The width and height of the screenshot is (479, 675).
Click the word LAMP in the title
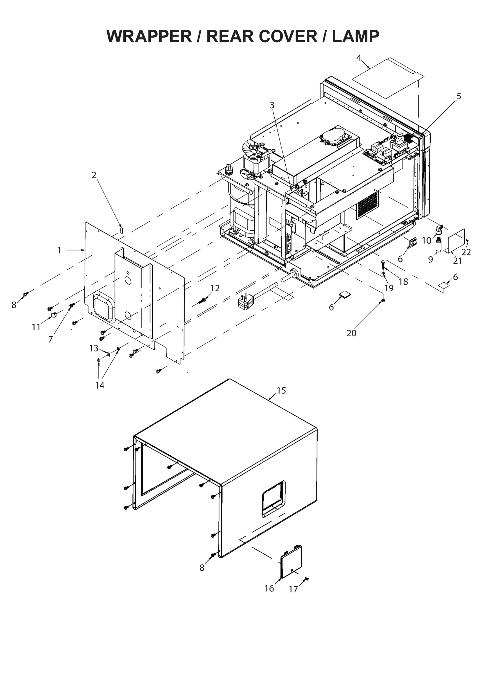(355, 37)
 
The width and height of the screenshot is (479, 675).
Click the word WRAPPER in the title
(149, 37)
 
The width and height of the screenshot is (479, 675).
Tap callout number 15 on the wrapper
(281, 390)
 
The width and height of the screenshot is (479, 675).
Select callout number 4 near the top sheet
(358, 58)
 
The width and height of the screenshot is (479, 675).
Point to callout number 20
(351, 333)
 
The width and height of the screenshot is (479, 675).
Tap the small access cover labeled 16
(291, 561)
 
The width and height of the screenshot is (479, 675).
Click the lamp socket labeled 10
(439, 229)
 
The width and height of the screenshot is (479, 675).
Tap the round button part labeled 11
(54, 315)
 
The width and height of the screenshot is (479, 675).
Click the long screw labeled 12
(202, 301)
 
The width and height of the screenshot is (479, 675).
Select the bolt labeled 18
(383, 267)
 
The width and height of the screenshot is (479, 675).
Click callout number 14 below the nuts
(100, 385)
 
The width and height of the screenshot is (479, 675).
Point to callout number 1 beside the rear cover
(59, 250)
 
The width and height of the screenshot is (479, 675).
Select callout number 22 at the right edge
(466, 252)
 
